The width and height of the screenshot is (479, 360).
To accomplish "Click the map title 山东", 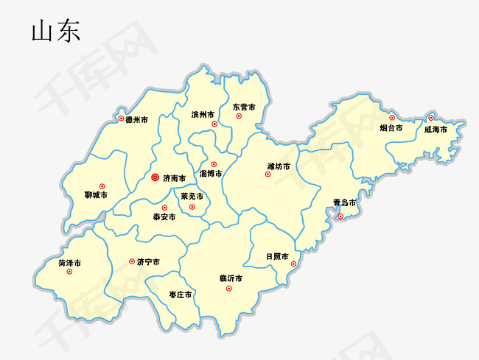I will [55, 31].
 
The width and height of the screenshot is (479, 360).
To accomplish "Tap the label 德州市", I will [136, 119].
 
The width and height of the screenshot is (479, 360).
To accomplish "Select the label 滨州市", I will [203, 115].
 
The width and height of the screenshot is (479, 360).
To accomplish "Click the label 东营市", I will [244, 107].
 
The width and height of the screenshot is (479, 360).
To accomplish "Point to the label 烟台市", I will [391, 128].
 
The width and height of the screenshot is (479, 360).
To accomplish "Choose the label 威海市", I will [436, 129].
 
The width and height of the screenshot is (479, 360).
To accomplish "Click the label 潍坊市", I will [279, 166].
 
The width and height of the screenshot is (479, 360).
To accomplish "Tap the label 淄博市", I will [211, 174].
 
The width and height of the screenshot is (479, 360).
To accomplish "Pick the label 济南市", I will [175, 178].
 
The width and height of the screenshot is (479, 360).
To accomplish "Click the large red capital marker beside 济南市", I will [155, 177].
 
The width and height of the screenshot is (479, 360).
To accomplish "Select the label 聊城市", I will [96, 195].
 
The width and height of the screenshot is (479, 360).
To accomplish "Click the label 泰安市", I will [164, 217].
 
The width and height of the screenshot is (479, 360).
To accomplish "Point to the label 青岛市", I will [344, 202].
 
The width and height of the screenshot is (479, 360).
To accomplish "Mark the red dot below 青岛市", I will [340, 216].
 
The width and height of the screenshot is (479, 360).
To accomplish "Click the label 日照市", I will [278, 256].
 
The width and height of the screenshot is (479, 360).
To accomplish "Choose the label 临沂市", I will [231, 278].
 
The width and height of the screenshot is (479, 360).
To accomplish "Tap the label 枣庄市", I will [181, 294].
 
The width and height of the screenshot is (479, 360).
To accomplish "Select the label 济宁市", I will [149, 261].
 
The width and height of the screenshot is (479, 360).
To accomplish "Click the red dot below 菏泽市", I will [69, 272].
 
